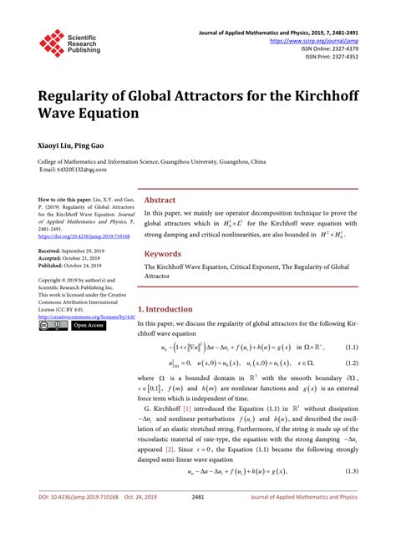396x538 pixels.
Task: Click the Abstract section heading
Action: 160,200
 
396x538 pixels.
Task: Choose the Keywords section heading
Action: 163,254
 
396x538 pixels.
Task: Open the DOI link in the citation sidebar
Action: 83,236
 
